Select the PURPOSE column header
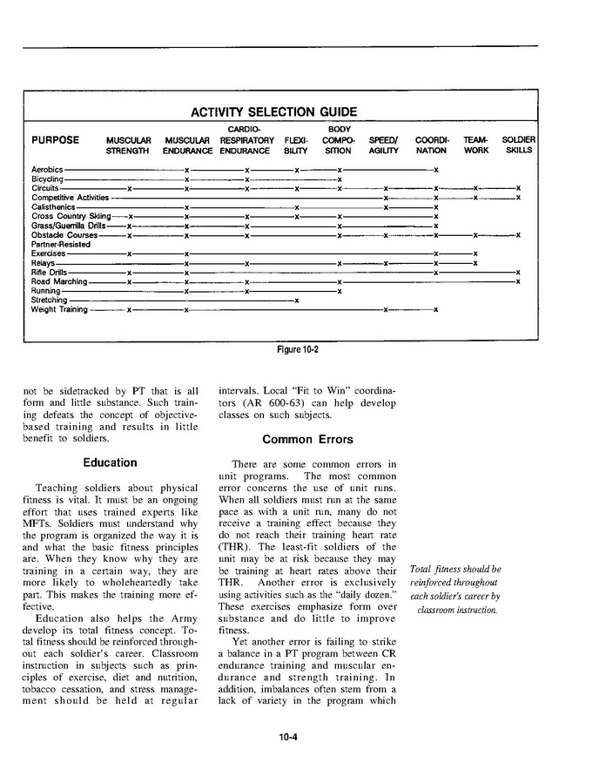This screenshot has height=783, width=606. pyautogui.click(x=55, y=140)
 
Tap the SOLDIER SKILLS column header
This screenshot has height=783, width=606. pyautogui.click(x=518, y=145)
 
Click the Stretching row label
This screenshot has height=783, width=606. pyautogui.click(x=49, y=300)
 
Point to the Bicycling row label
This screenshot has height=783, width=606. pyautogui.click(x=47, y=179)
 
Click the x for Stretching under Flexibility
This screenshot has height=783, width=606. pyautogui.click(x=297, y=300)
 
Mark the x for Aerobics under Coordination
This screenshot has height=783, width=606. pyautogui.click(x=435, y=169)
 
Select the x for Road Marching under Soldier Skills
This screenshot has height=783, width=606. pyautogui.click(x=518, y=281)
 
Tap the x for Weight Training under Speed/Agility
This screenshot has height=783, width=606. pyautogui.click(x=385, y=309)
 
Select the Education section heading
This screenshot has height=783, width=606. pyautogui.click(x=110, y=462)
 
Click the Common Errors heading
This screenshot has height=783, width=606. pyautogui.click(x=306, y=440)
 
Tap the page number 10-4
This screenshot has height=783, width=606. pyautogui.click(x=289, y=738)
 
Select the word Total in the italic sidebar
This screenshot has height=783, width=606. pyautogui.click(x=421, y=570)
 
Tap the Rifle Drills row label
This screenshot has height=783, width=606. pyautogui.click(x=50, y=273)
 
